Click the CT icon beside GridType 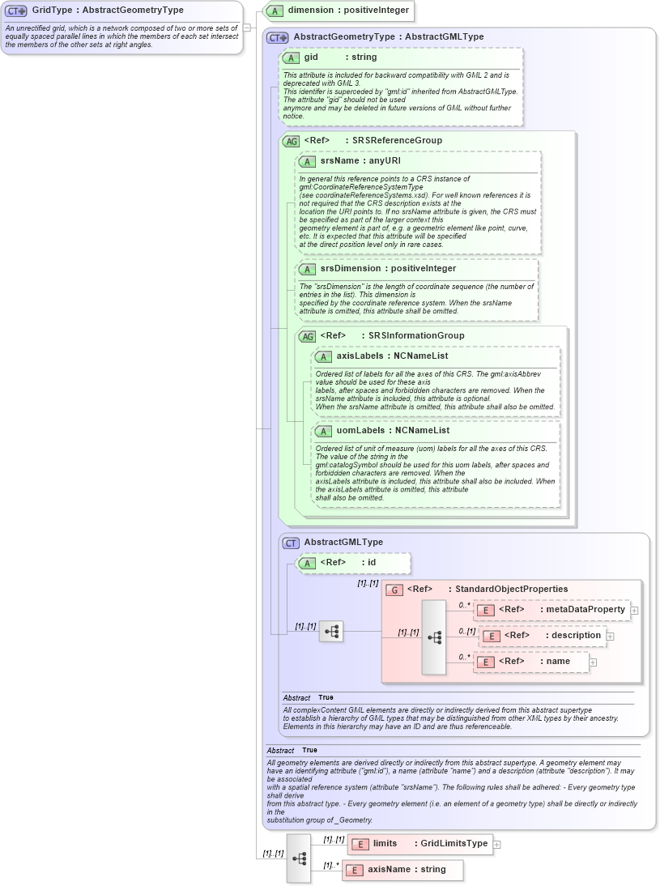[16, 11]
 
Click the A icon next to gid [291, 58]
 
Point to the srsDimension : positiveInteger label [387, 268]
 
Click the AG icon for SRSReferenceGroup [290, 141]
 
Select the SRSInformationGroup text [416, 335]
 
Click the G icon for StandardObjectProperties [394, 590]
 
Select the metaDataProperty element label [585, 609]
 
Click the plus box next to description [611, 637]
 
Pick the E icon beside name [484, 662]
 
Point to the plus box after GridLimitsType [497, 844]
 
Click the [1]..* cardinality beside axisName [331, 865]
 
